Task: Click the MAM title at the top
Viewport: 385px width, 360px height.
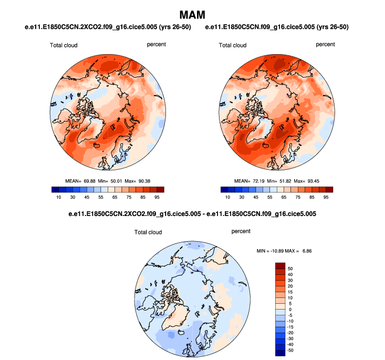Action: tap(192, 14)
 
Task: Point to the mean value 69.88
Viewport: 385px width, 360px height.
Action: tap(85, 181)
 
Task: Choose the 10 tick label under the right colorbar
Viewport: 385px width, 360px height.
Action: tap(227, 198)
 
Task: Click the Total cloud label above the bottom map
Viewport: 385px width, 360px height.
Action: tap(148, 232)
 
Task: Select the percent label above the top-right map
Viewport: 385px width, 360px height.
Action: tap(326, 45)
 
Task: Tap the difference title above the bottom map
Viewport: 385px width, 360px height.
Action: tap(192, 214)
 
